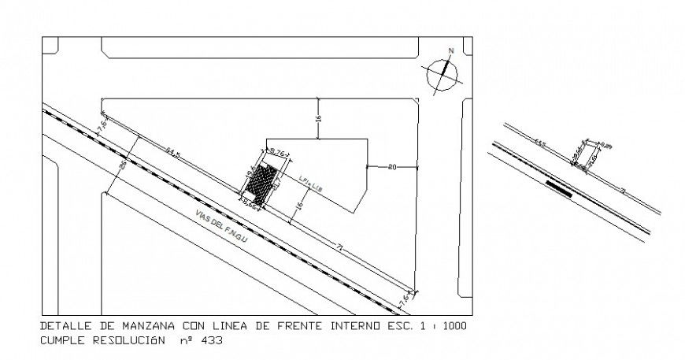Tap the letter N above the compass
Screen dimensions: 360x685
(451, 51)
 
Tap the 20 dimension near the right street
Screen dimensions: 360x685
(392, 166)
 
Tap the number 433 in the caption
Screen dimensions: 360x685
(212, 342)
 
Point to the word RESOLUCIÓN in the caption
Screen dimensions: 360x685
(127, 342)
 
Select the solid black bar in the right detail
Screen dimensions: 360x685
(558, 187)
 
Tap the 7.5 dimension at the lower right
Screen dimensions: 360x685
(405, 299)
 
